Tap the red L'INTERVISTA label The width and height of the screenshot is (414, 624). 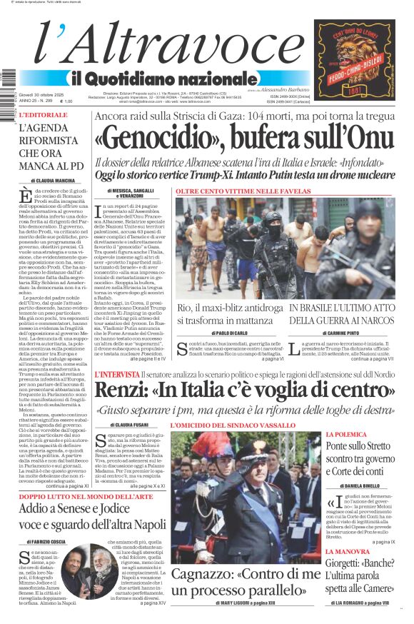pos(118,374)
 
